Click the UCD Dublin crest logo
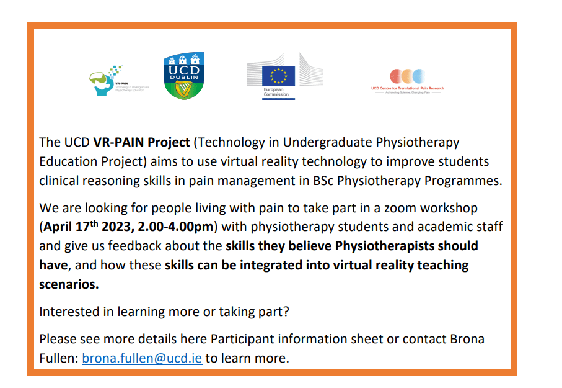(183, 76)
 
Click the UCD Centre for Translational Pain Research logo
(407, 81)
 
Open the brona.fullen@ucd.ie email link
(142, 358)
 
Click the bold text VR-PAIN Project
(141, 142)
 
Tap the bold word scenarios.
(68, 285)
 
